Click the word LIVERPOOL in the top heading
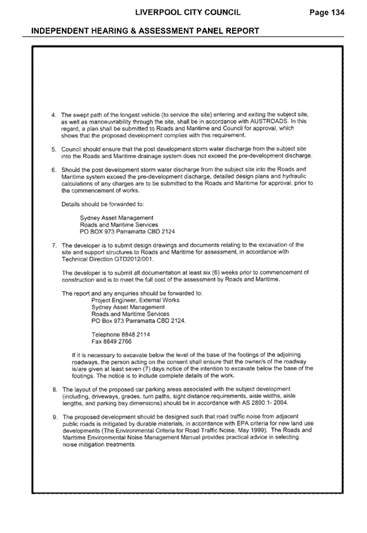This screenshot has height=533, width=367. tap(153, 12)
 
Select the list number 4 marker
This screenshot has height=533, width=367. tap(53, 115)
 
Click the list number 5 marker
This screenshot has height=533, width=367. tap(53, 149)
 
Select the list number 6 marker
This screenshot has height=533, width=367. tap(53, 169)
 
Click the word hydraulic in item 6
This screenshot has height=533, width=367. tap(296, 176)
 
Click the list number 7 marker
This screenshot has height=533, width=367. tap(54, 245)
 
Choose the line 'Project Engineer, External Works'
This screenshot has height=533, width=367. tap(135, 300)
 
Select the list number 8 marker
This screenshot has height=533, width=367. tap(55, 389)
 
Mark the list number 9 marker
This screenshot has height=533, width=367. tap(55, 417)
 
